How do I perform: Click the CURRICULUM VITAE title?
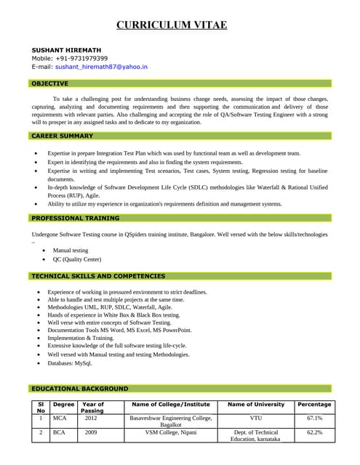pos(172,25)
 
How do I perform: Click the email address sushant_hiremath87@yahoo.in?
pos(101,66)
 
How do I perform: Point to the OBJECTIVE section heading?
pos(49,84)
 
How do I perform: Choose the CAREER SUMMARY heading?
pos(62,136)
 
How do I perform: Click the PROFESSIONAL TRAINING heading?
pos(75,218)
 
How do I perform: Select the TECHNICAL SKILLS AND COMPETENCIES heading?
pos(98,276)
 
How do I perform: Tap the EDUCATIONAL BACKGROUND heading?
pos(79,389)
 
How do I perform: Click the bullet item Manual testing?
pos(71,250)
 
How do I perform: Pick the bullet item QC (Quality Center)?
pos(77,259)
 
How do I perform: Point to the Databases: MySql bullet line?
pos(70,363)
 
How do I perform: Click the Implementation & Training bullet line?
pos(81,338)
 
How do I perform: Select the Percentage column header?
pos(314,404)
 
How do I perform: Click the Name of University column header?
pos(256,404)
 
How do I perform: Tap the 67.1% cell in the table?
pos(314,418)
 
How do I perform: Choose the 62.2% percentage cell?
pos(314,432)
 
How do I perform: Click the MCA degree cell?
pos(60,418)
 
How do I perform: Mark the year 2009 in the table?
pos(90,432)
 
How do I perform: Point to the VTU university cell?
pos(256,418)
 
